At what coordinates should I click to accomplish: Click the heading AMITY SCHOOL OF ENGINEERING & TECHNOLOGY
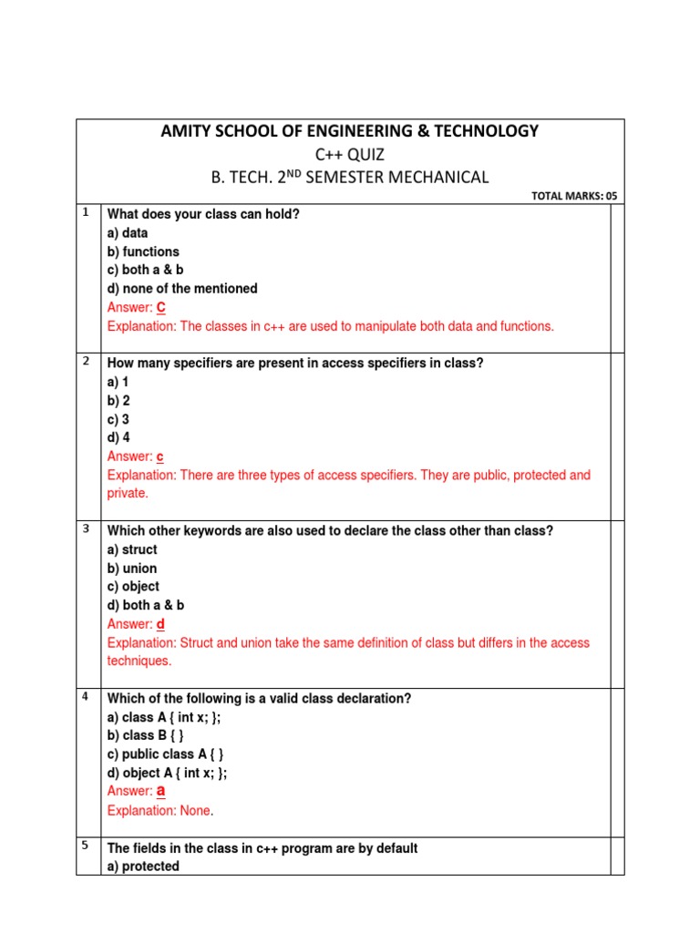pyautogui.click(x=350, y=131)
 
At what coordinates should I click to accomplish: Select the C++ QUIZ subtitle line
pyautogui.click(x=350, y=154)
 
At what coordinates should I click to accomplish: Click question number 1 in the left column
pyautogui.click(x=86, y=212)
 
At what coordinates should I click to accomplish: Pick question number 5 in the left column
pyautogui.click(x=86, y=845)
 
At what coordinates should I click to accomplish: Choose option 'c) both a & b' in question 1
pyautogui.click(x=146, y=270)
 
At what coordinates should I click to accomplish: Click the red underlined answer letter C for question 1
pyautogui.click(x=161, y=308)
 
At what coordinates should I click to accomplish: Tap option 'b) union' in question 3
pyautogui.click(x=132, y=569)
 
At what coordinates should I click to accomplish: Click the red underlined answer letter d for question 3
pyautogui.click(x=160, y=624)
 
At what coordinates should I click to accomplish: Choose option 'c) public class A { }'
pyautogui.click(x=166, y=754)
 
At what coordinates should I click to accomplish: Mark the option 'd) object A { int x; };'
pyautogui.click(x=168, y=773)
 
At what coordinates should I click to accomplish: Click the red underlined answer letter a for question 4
pyautogui.click(x=161, y=791)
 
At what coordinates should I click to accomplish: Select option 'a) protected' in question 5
pyautogui.click(x=143, y=866)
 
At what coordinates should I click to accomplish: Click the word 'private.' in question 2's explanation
pyautogui.click(x=128, y=493)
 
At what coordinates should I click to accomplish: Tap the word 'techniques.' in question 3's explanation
pyautogui.click(x=139, y=661)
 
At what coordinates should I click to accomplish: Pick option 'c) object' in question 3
pyautogui.click(x=133, y=587)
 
